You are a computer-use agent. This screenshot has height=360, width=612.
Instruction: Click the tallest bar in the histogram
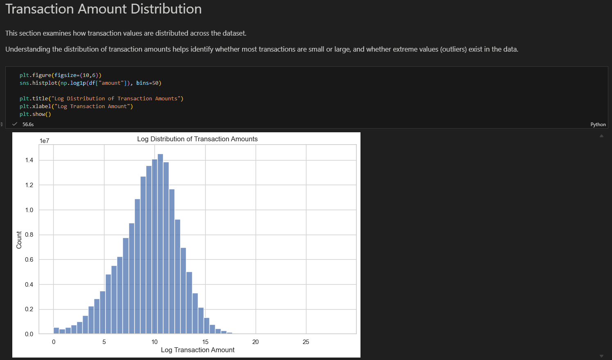(161, 244)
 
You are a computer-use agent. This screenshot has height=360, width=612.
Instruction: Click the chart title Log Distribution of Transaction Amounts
(197, 139)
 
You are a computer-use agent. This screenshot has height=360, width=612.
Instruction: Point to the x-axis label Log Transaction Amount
(197, 350)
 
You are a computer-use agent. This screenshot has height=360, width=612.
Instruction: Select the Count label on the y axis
(19, 240)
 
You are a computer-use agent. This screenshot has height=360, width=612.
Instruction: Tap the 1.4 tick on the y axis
(29, 160)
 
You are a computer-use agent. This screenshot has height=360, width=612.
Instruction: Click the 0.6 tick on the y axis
(29, 260)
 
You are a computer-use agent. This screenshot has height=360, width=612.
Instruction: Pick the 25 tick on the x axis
(306, 342)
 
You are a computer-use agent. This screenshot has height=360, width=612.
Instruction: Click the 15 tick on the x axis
(205, 342)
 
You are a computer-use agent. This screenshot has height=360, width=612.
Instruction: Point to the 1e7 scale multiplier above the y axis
(45, 140)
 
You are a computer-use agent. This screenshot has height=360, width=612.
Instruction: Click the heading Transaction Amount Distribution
(104, 9)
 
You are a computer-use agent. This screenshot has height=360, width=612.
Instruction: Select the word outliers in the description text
(453, 49)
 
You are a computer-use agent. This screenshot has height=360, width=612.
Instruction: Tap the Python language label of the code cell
(598, 124)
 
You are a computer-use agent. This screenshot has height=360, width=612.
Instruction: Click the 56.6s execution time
(28, 124)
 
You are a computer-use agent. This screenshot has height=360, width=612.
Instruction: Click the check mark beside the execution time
(15, 124)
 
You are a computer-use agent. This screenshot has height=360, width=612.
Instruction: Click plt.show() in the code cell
(35, 114)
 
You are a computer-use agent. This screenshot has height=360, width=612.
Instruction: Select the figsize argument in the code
(66, 75)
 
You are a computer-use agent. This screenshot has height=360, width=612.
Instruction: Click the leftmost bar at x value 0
(56, 331)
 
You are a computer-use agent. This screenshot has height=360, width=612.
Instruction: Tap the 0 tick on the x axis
(54, 342)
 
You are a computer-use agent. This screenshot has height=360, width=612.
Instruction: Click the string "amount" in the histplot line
(111, 83)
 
